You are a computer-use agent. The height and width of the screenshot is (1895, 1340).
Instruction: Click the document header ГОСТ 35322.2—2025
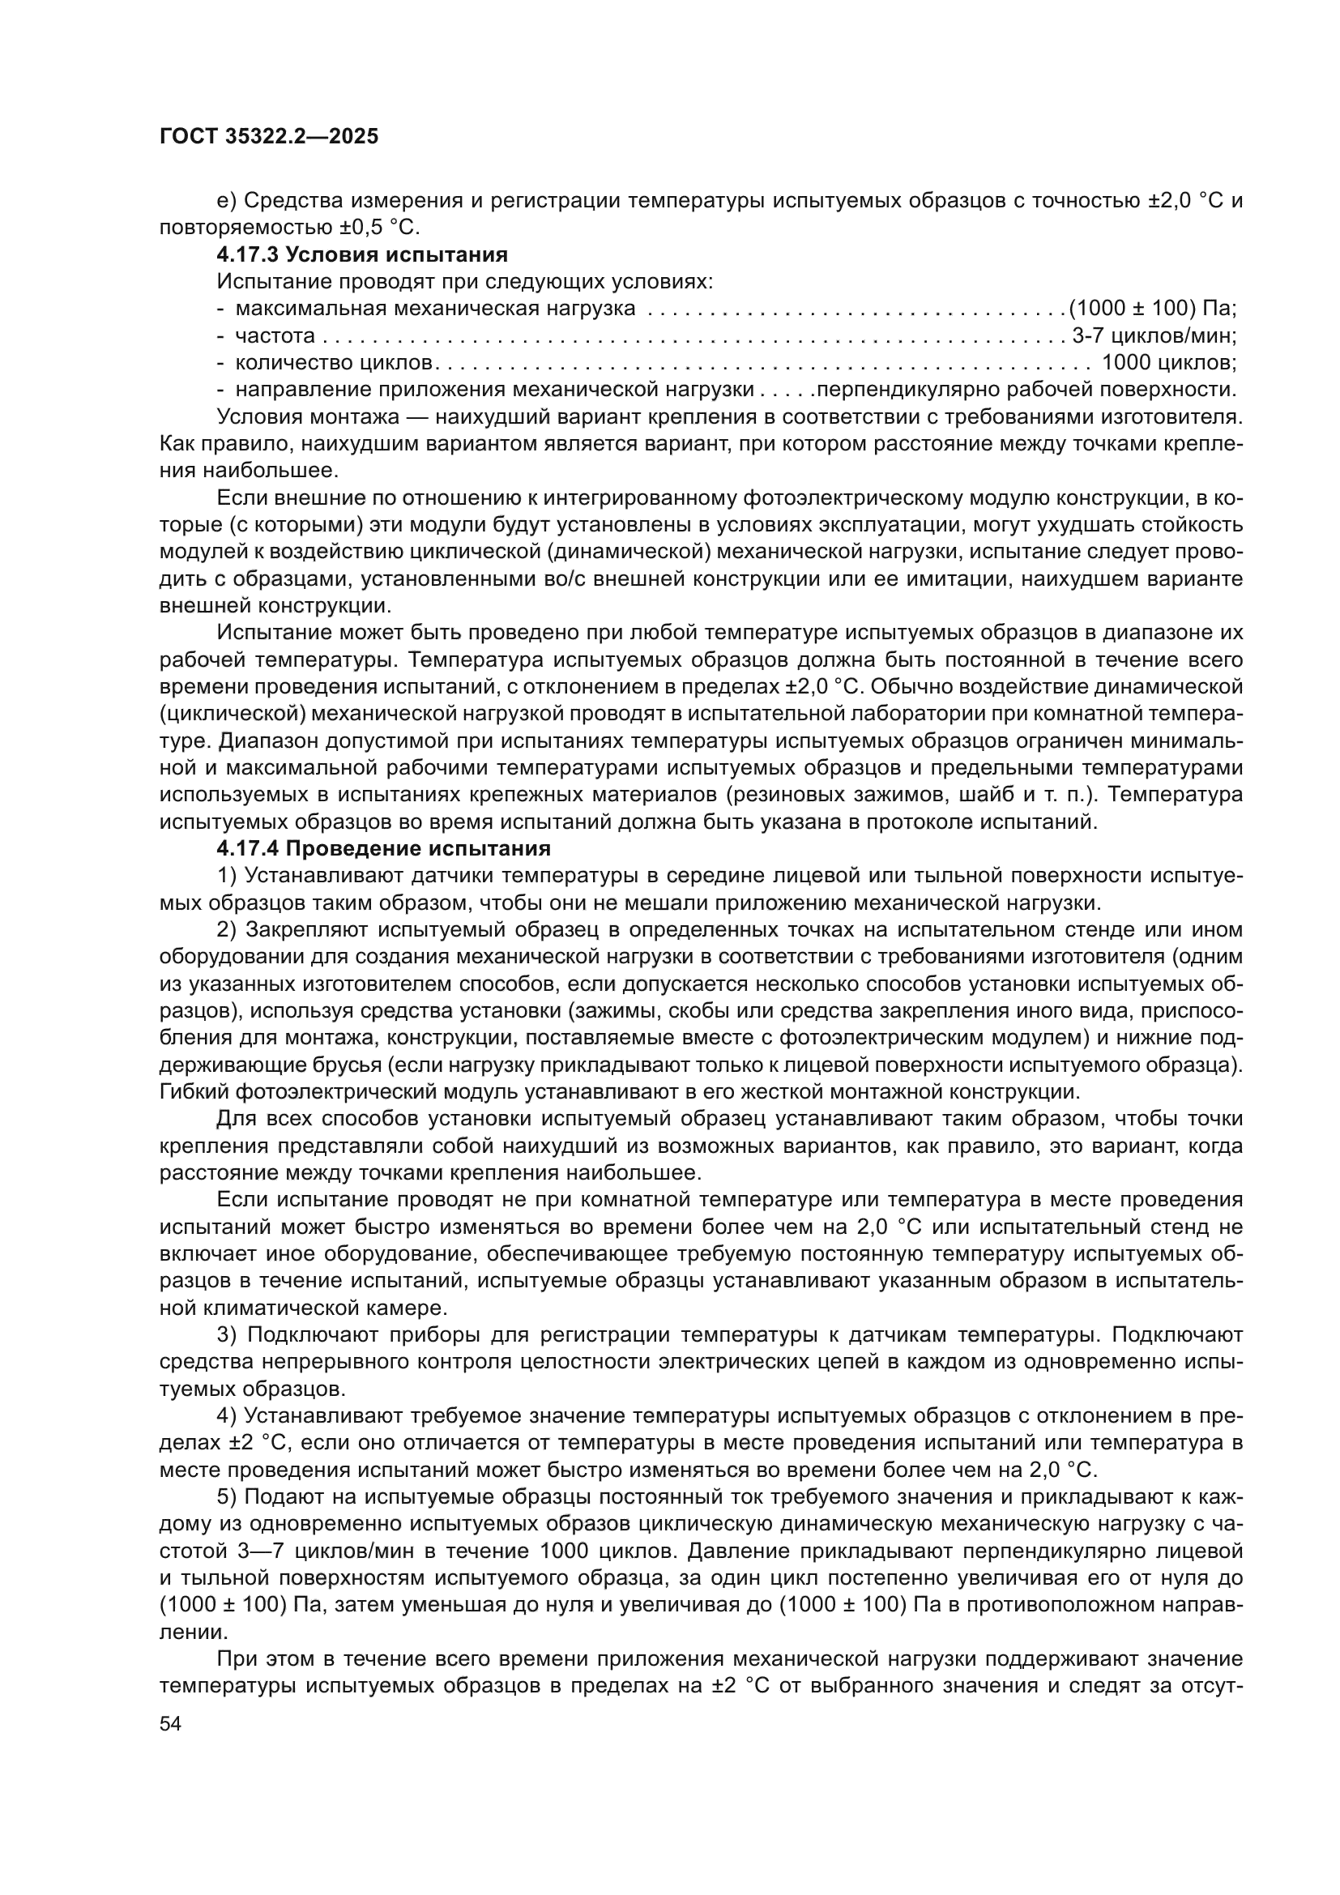coord(269,137)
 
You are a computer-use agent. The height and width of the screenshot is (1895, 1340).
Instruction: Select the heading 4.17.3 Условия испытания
coord(362,254)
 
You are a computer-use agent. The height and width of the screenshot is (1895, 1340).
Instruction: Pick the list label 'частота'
coord(275,336)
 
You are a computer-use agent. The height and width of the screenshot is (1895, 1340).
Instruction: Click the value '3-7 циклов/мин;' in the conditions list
coord(1154,336)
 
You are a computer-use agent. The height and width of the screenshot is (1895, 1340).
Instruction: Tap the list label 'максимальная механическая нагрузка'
coord(435,309)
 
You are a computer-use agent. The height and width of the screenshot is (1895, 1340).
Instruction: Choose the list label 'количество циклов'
coord(333,362)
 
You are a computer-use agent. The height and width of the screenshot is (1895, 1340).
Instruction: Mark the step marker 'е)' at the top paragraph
coord(227,201)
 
